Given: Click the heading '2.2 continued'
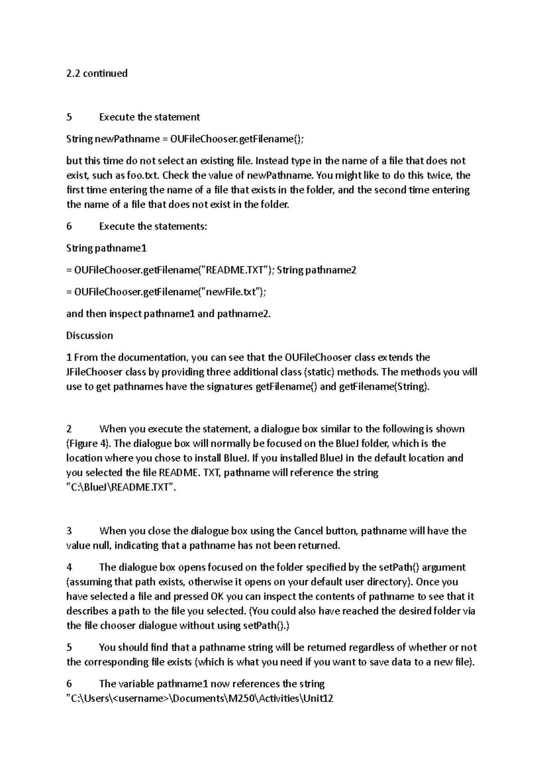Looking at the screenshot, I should coord(97,73).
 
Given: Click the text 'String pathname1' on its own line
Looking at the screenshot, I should coord(106,248).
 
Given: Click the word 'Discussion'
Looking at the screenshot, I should coord(89,336).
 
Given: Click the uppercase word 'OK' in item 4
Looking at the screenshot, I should coord(217,597).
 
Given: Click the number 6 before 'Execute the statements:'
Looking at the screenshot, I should coord(69,227).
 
